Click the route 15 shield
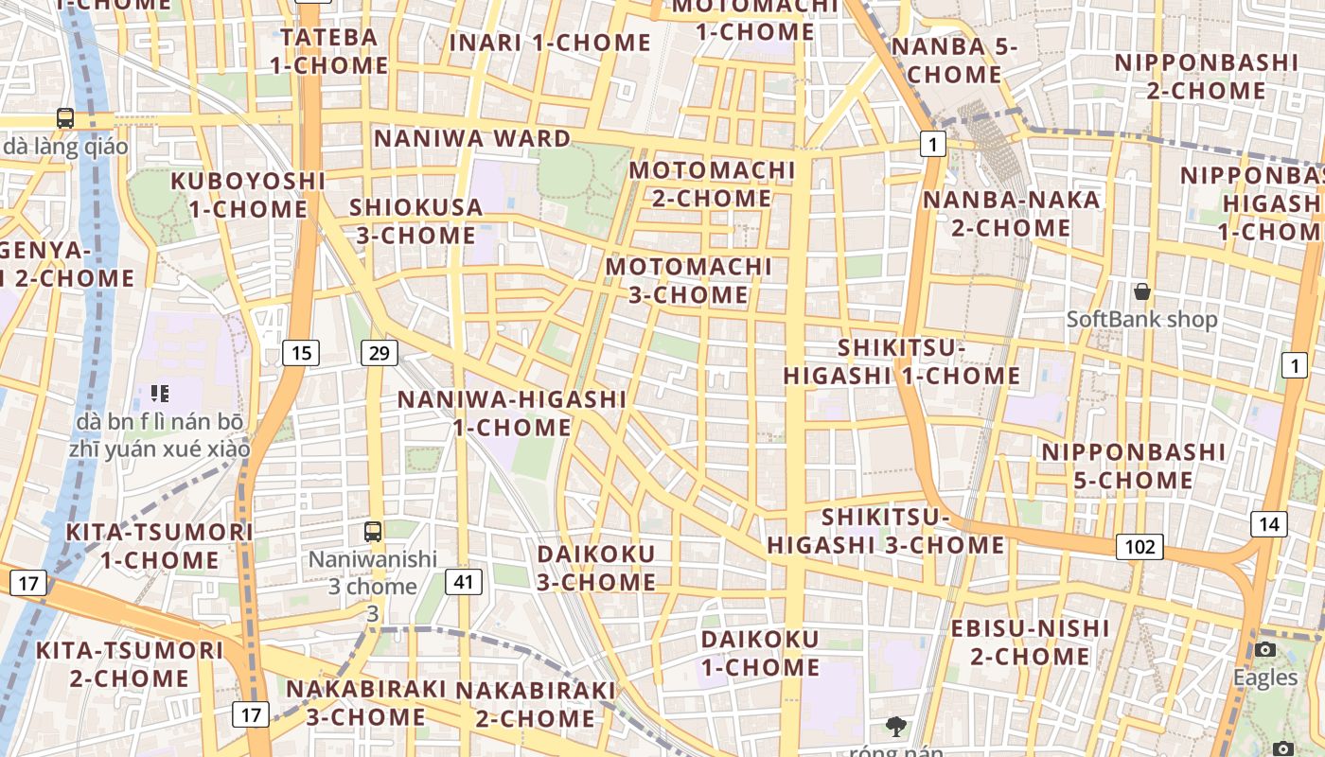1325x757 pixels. click(x=301, y=354)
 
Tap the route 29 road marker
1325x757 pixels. click(x=379, y=354)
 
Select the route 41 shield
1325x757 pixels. click(x=463, y=581)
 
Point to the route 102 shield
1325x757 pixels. click(x=1139, y=547)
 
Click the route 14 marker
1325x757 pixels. click(x=1268, y=524)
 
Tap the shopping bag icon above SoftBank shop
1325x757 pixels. click(x=1142, y=291)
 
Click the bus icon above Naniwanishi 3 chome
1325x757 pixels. click(x=373, y=532)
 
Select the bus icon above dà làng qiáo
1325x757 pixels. click(x=65, y=118)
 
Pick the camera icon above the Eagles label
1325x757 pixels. click(x=1265, y=649)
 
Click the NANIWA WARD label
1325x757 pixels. click(x=472, y=138)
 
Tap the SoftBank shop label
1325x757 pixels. click(x=1142, y=320)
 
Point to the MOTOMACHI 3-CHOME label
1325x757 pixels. click(x=689, y=281)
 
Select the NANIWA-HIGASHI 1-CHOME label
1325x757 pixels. click(x=512, y=414)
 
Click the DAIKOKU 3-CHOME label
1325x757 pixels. click(x=596, y=568)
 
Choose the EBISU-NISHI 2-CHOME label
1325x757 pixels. click(x=1030, y=643)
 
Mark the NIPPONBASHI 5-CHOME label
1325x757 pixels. click(x=1133, y=466)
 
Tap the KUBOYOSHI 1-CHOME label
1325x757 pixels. click(x=248, y=195)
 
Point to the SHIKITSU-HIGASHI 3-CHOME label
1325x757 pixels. click(x=886, y=531)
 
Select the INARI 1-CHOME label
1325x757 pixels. click(x=550, y=43)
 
